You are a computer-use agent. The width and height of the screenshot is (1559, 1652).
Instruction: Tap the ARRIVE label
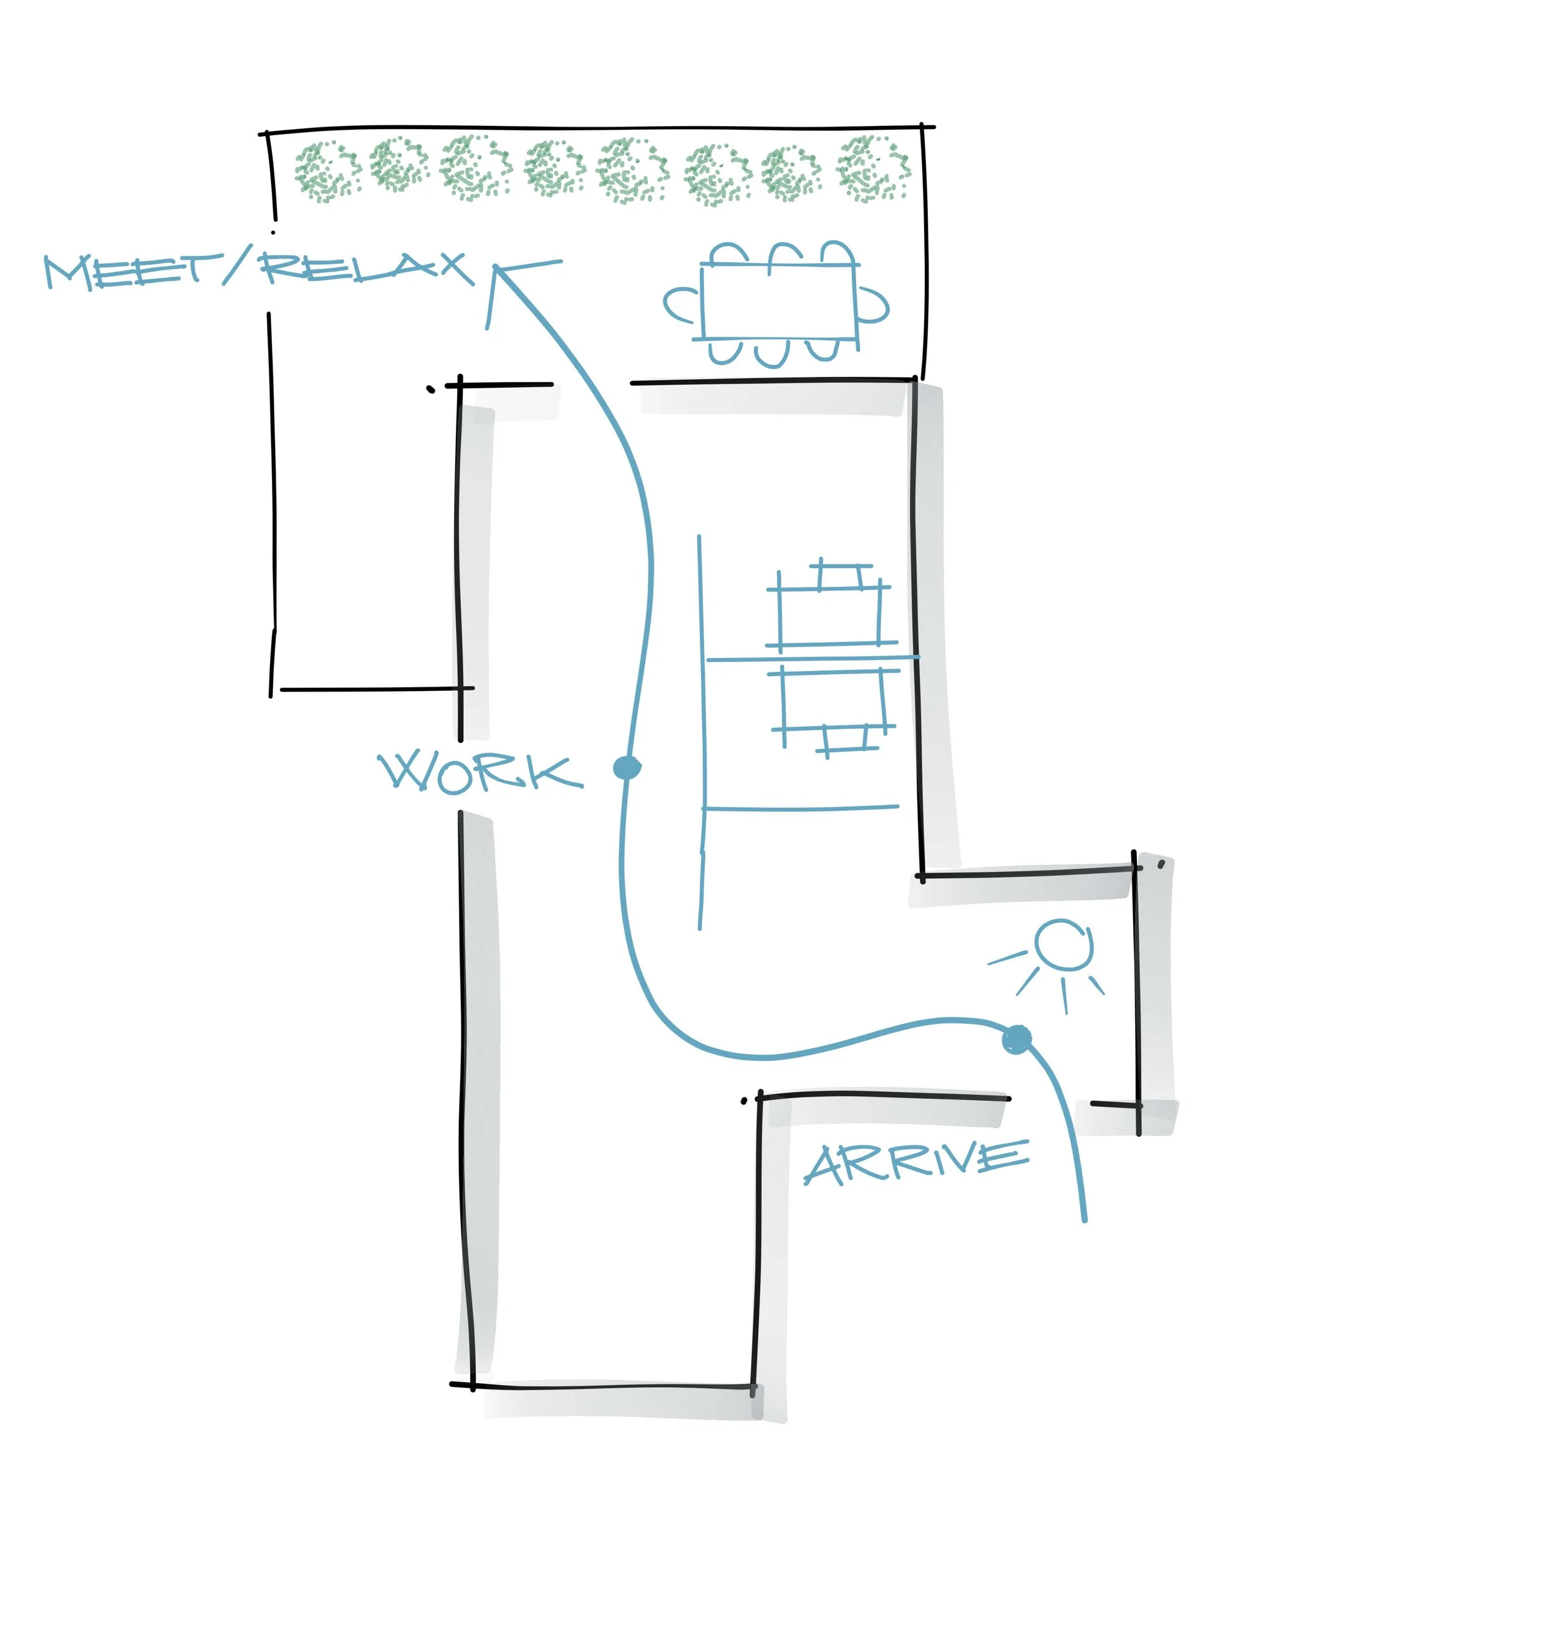pos(917,1163)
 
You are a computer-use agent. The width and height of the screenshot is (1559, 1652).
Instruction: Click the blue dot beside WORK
pos(627,768)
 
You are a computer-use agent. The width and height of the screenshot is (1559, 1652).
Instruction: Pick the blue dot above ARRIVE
pos(1017,1040)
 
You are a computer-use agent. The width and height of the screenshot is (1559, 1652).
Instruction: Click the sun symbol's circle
pos(1064,945)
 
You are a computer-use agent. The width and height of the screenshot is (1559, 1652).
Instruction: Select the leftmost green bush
pos(327,171)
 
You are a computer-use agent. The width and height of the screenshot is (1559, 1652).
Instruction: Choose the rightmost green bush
pos(874,168)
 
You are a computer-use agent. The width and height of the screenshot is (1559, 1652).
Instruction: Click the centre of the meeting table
pos(779,302)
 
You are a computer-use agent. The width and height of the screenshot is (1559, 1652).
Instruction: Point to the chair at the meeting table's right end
pos(872,304)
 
